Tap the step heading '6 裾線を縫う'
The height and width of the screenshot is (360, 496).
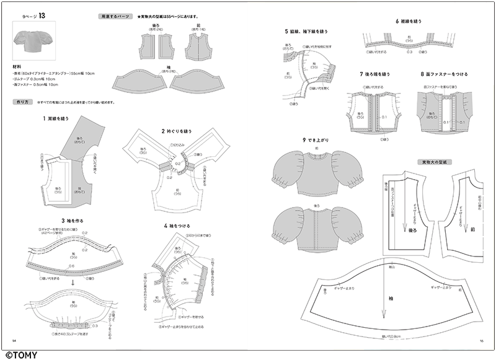(410, 21)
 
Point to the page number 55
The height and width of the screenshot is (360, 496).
(480, 340)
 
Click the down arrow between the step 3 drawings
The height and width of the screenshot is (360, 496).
(72, 282)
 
